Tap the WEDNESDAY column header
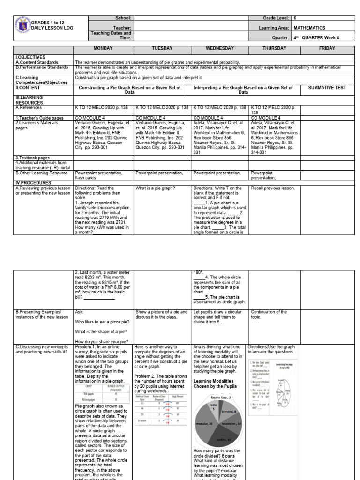(220, 48)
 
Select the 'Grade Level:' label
(277, 18)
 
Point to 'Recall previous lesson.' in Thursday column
(273, 188)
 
